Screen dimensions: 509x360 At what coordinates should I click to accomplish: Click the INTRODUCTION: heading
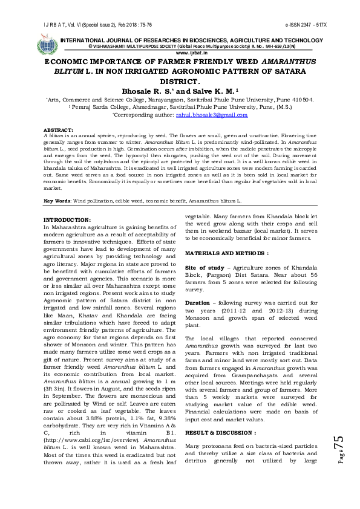coord(68,219)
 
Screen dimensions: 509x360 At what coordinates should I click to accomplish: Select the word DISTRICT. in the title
coord(180,80)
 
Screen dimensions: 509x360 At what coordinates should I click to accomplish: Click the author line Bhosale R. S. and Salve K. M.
coord(180,90)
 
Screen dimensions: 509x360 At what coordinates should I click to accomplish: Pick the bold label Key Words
coord(57,200)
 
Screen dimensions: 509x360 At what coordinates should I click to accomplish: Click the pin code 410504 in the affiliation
coord(303,99)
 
